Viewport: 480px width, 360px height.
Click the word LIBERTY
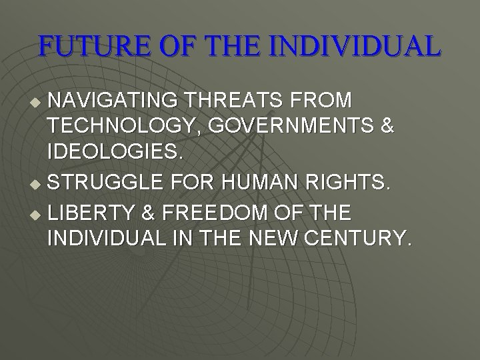click(x=93, y=213)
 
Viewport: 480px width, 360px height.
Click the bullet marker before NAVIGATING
click(x=37, y=101)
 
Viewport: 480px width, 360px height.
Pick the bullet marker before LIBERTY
click(x=37, y=215)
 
